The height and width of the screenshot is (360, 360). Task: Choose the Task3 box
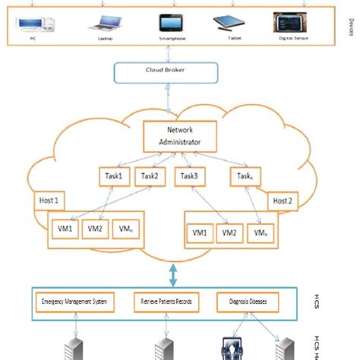coord(191,177)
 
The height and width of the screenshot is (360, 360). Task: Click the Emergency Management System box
coord(74,302)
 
